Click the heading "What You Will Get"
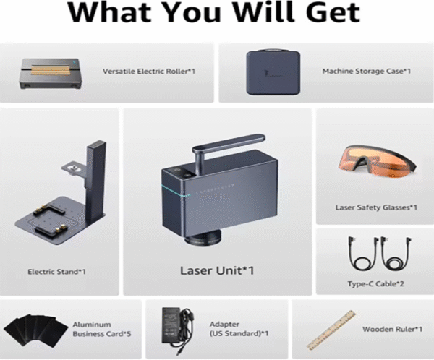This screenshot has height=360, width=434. coord(214,12)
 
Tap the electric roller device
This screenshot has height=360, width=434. coord(51,74)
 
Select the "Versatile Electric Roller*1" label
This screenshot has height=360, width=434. coord(149,72)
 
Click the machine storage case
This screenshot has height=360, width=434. coord(273,72)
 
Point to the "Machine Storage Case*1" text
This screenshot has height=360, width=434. coord(367,71)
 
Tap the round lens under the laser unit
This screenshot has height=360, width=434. coord(204,237)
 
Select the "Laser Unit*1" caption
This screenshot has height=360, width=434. coord(217,270)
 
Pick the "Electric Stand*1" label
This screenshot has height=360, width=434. coord(56,272)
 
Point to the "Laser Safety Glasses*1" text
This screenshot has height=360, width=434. coord(376,207)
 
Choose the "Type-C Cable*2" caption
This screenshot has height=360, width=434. coord(376,284)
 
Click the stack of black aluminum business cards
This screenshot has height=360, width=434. coord(36,330)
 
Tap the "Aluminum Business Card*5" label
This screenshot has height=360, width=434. coord(101,329)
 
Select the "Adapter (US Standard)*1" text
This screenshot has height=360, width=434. coord(239,329)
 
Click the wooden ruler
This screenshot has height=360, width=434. coord(331,330)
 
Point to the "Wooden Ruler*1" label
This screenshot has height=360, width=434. coord(393,330)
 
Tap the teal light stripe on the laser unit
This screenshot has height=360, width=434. coord(176,190)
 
